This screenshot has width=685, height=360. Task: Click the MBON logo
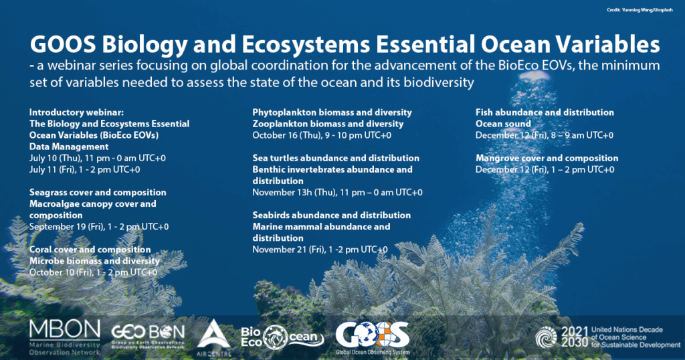[65, 337]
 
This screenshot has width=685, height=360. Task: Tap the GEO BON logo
[148, 336]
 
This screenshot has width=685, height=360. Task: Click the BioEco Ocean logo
[282, 337]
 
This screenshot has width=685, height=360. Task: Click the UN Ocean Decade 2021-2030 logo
[607, 337]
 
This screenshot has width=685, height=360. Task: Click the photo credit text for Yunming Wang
[640, 10]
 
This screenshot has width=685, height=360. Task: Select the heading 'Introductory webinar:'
[76, 112]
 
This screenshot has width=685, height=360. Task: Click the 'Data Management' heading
[69, 147]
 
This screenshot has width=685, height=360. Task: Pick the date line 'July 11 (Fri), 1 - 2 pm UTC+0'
[85, 169]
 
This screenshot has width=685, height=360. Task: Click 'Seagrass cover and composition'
[98, 192]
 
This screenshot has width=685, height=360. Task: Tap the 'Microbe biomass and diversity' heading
[94, 261]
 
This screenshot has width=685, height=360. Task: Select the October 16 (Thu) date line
[322, 135]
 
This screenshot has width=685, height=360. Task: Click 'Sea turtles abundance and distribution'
[336, 158]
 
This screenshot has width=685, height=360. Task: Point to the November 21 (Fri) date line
[320, 250]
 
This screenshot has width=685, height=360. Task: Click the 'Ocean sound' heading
[503, 124]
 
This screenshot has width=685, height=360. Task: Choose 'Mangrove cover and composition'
[547, 158]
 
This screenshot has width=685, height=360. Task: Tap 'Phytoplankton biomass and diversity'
[332, 112]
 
